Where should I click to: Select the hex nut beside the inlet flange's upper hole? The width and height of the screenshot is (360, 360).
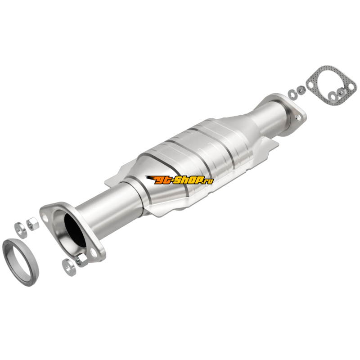click(x=32, y=224)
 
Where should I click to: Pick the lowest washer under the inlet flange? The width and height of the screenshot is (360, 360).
click(x=69, y=267)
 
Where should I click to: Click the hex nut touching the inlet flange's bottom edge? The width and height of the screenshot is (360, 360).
click(x=81, y=261)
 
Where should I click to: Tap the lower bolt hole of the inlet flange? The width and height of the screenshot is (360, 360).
click(x=94, y=252)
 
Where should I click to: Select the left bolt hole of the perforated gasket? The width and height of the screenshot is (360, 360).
click(x=310, y=85)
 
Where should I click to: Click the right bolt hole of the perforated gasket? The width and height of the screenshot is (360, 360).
click(x=351, y=87)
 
